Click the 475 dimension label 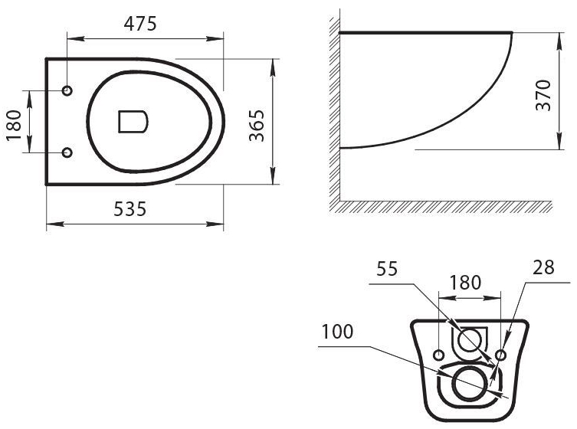[x=140, y=24]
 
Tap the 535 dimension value [x=130, y=209]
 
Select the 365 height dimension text [x=257, y=126]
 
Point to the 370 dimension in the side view [x=543, y=95]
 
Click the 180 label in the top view [x=15, y=125]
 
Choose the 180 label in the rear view [x=465, y=283]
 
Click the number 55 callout [x=387, y=269]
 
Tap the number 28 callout [x=543, y=267]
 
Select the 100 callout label [x=337, y=332]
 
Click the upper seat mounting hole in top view [x=67, y=90]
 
